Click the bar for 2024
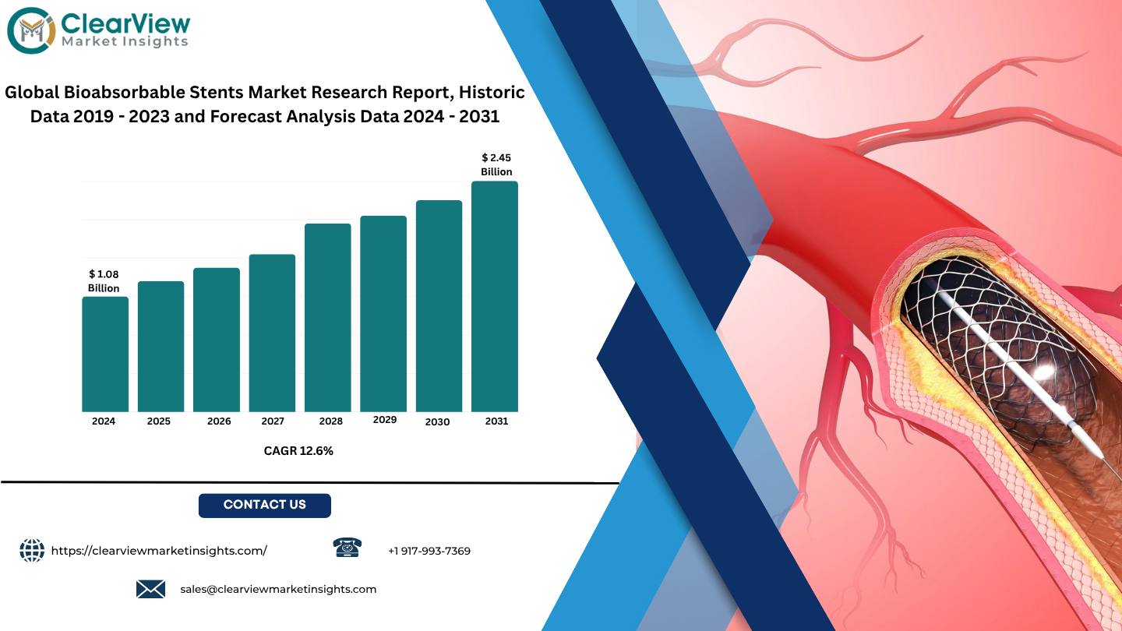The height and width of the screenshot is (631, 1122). tap(105, 354)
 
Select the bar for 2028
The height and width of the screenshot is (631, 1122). tap(327, 318)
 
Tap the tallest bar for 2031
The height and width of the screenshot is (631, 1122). tap(494, 297)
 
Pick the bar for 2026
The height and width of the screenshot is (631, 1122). tap(217, 340)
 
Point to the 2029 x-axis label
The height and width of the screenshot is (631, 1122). tap(385, 420)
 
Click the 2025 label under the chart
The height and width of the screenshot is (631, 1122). tap(159, 421)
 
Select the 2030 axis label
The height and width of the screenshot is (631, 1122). tap(437, 422)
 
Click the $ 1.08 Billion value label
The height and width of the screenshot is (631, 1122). tap(104, 281)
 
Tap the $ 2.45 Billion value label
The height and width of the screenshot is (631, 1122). tap(496, 165)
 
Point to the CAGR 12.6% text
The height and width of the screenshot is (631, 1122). tap(298, 451)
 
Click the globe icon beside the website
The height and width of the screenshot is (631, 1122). tap(32, 550)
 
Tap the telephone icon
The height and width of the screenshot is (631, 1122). tap(348, 548)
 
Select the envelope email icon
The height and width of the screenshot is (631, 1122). tap(151, 589)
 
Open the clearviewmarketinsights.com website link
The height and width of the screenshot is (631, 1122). tap(159, 551)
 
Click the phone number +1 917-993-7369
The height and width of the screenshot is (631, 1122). tap(429, 551)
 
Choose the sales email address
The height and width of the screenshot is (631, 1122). tap(278, 590)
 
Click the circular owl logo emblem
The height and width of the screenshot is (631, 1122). tap(31, 30)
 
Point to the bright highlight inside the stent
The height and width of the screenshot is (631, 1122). tap(1044, 371)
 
